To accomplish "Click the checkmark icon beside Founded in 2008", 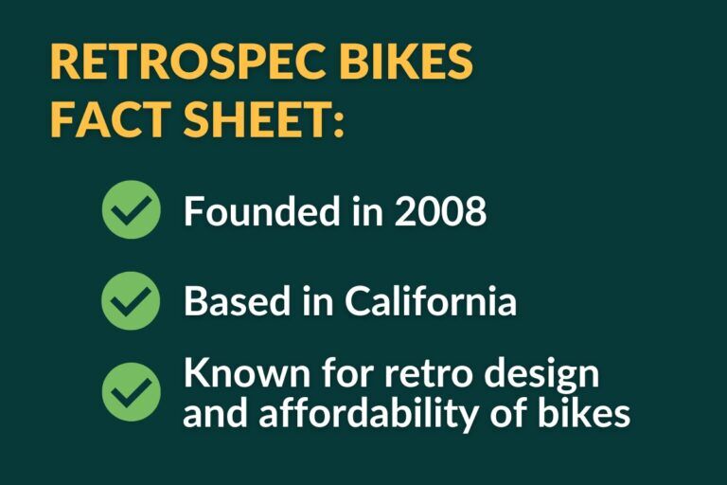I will pos(131,209).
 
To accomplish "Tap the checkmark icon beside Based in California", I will pos(131,300).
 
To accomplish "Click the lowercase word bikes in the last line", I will pos(591,414).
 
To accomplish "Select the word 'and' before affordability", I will pos(211,414).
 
